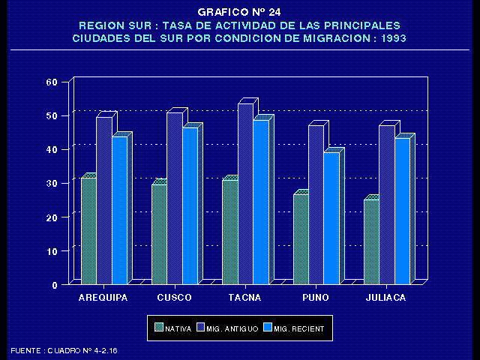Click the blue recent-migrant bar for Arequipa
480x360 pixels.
click(119, 210)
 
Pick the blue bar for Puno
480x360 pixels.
click(331, 217)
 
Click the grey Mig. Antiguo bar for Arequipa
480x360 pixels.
click(104, 200)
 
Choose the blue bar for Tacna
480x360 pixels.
click(260, 202)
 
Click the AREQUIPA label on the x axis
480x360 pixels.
click(103, 298)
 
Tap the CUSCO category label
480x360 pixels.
click(174, 298)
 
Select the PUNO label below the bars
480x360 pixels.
click(315, 298)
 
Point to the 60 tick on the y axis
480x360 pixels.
click(52, 82)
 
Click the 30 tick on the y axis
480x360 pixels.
click(52, 184)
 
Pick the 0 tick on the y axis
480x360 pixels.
click(55, 285)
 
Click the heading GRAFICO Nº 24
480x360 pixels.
click(239, 13)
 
